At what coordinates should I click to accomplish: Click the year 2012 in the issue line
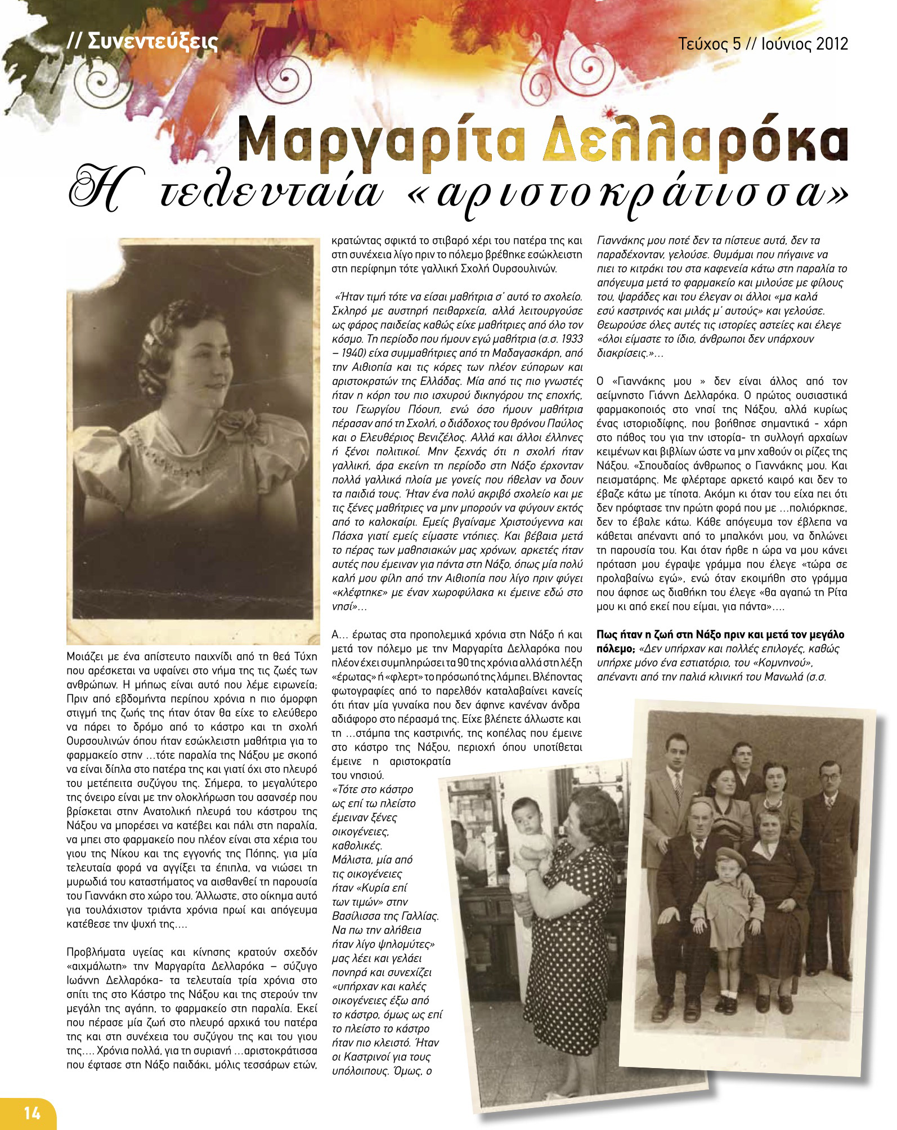point(827,43)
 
